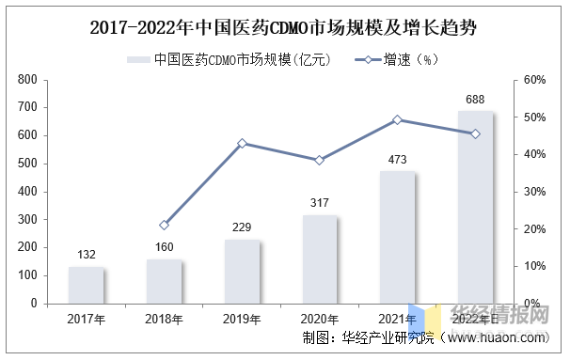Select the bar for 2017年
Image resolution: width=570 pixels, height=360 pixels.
pos(87,285)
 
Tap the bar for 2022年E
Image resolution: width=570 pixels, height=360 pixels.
pos(476,207)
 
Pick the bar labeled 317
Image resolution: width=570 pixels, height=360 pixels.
pos(320,258)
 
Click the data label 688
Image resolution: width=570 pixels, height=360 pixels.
pos(476,99)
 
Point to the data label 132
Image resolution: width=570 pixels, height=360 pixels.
pos(87,255)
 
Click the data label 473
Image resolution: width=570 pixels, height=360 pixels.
pos(398,159)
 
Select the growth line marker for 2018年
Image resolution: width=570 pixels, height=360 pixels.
pos(165,225)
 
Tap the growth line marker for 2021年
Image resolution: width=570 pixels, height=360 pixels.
pos(398,119)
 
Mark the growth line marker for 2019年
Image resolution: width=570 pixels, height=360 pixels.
pos(243,143)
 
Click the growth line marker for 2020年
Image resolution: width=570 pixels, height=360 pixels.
pos(320,160)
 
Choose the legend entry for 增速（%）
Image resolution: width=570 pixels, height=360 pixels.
pos(395,60)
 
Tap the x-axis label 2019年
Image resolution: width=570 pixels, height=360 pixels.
pos(243,320)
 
